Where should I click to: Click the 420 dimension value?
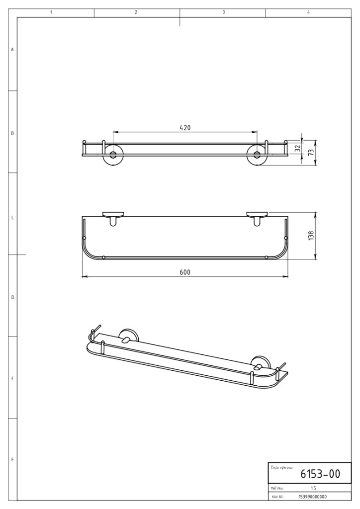point(185,128)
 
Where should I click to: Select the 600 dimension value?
point(185,272)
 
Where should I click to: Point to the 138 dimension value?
point(311,235)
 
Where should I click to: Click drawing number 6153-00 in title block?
point(320,474)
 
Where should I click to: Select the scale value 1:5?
point(313,488)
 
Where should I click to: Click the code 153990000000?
point(313,497)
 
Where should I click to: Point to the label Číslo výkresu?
point(281,468)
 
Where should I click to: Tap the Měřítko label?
point(277,488)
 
